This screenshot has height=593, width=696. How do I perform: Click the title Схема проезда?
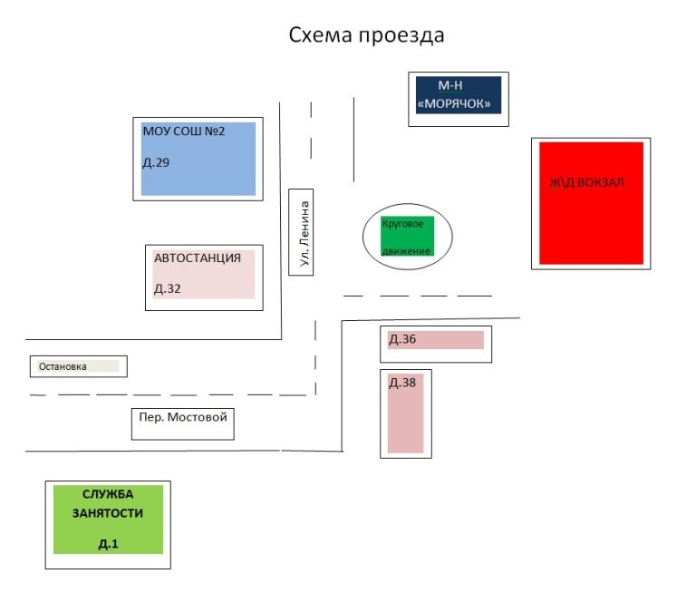tap(366, 36)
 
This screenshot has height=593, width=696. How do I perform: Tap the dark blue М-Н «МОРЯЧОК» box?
tap(458, 95)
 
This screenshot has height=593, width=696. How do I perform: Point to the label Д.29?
tap(156, 163)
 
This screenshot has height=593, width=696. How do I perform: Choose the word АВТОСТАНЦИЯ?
tap(198, 258)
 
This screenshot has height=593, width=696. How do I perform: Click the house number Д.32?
tap(168, 289)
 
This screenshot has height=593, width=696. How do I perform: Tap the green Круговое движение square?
tap(407, 237)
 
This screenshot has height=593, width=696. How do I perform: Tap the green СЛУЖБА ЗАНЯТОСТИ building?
tap(108, 520)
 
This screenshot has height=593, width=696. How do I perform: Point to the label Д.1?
tap(109, 544)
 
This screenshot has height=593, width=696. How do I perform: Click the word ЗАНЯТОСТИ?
tap(108, 513)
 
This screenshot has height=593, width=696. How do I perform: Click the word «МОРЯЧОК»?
tap(457, 104)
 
